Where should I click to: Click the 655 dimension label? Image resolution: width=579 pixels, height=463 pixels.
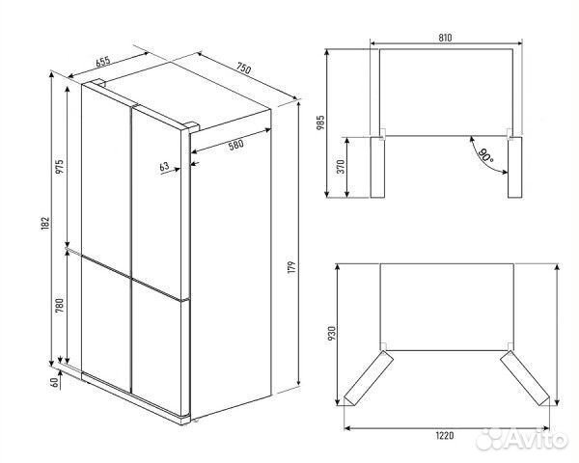(x=103, y=62)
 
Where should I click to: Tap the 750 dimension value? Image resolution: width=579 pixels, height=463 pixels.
(x=244, y=68)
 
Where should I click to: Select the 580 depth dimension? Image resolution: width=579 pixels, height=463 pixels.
(x=236, y=145)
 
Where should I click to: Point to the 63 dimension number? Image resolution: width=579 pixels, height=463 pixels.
(x=164, y=167)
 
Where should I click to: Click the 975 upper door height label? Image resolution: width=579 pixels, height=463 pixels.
(x=60, y=167)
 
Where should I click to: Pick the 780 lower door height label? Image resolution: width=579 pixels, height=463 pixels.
(x=60, y=306)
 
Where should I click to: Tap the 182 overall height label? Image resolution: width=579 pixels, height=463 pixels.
(x=45, y=224)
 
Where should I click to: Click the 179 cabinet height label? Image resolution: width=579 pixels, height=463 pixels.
(x=292, y=267)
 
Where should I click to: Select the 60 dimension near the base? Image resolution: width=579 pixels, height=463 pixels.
(x=55, y=383)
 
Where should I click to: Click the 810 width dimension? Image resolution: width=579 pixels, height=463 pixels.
(x=445, y=38)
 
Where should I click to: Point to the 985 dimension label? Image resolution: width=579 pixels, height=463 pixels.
(x=320, y=123)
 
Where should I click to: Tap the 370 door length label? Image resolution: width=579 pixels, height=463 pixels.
(x=341, y=167)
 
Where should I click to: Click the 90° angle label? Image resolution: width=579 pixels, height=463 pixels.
(x=484, y=155)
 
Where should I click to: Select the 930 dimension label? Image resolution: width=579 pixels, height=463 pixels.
(x=332, y=334)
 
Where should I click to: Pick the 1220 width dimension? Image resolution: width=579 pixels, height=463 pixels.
(x=445, y=436)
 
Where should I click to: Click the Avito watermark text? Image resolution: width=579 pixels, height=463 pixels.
(x=538, y=440)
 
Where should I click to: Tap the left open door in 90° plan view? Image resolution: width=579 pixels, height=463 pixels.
(x=377, y=167)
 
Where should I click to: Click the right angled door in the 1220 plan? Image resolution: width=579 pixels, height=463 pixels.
(x=525, y=378)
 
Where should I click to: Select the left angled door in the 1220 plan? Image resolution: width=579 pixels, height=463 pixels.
(x=369, y=378)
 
